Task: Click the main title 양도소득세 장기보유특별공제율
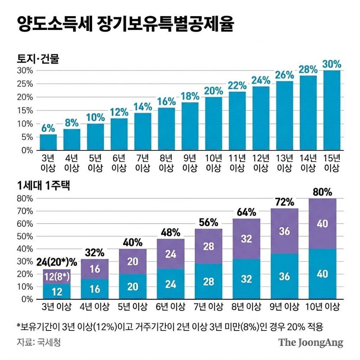(126, 24)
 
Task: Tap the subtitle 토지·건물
(38, 59)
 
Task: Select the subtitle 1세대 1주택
(44, 185)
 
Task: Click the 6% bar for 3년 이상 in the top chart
(48, 142)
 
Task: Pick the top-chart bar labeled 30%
(332, 111)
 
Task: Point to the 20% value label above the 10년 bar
(213, 91)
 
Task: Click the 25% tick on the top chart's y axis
(25, 84)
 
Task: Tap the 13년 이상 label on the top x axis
(284, 163)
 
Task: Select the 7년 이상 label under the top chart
(143, 163)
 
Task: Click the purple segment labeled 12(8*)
(57, 276)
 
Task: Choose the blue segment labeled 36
(284, 276)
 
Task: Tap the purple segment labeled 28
(208, 246)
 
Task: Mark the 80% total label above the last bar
(322, 192)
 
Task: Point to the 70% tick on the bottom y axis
(25, 211)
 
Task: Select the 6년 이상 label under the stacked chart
(170, 307)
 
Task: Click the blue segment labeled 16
(95, 289)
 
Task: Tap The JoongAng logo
(311, 343)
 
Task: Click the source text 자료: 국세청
(39, 342)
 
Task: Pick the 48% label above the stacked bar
(170, 233)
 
